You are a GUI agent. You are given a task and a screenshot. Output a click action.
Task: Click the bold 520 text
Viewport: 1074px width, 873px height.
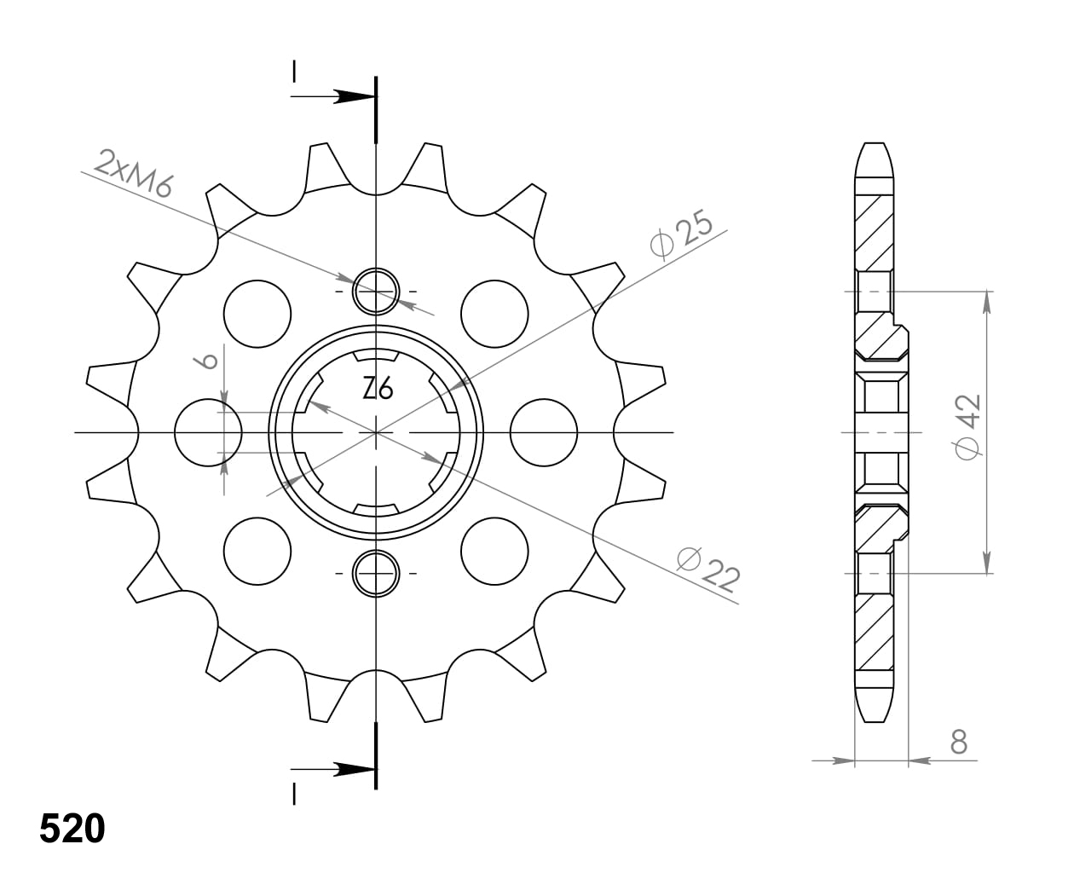tap(72, 829)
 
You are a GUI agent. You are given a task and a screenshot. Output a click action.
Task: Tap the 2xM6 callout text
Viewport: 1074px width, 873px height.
tap(135, 173)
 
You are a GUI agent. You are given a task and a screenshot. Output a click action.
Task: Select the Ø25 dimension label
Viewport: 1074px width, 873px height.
tap(681, 236)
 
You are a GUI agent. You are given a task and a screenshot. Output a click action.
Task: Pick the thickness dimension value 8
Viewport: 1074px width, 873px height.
tap(959, 743)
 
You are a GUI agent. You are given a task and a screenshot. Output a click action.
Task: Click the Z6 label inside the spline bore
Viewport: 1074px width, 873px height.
tap(378, 390)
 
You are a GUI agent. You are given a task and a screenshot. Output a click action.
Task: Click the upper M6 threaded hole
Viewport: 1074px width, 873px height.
tap(376, 291)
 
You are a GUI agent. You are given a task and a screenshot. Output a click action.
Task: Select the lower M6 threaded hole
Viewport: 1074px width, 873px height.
tap(376, 573)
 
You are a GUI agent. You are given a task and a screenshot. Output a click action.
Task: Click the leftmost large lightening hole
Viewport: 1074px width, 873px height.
tap(208, 432)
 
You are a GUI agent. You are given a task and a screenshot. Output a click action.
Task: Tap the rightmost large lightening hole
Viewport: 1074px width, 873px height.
tap(544, 432)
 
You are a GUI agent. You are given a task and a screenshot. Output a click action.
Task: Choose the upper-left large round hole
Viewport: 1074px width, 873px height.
tap(257, 314)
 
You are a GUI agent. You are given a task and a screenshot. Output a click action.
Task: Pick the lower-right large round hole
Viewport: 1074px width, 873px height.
tap(494, 551)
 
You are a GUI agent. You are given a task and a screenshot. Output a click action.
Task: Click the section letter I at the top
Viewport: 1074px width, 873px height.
tap(294, 72)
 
